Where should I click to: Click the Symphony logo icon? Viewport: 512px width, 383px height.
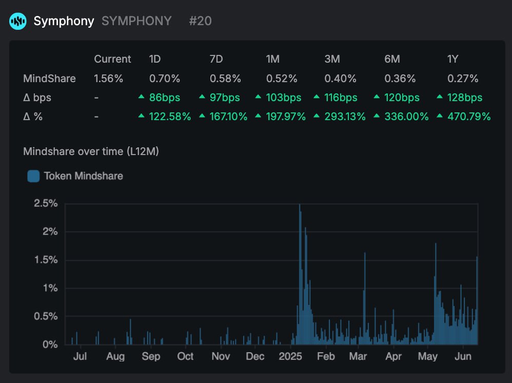(x=18, y=21)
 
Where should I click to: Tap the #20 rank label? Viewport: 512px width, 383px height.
(x=200, y=21)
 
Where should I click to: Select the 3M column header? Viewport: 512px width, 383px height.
(x=332, y=59)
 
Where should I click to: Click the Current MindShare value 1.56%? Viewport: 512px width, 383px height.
(x=109, y=79)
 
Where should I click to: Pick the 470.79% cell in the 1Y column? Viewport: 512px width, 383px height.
(x=468, y=117)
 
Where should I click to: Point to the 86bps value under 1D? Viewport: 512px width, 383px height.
(x=164, y=98)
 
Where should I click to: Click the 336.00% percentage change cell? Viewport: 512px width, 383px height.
(x=406, y=117)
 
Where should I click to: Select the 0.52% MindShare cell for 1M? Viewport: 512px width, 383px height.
(x=282, y=79)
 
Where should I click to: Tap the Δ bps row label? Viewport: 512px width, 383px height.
(x=37, y=98)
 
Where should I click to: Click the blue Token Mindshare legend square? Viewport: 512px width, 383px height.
(x=33, y=176)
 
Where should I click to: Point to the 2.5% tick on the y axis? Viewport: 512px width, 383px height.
(x=46, y=203)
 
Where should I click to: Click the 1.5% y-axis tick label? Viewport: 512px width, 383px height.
(x=46, y=260)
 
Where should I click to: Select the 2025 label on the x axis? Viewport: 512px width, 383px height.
(x=290, y=356)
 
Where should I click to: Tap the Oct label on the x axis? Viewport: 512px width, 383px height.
(x=185, y=356)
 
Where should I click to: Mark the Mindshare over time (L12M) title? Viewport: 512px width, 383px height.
(x=91, y=151)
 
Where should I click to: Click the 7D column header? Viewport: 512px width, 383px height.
(x=216, y=59)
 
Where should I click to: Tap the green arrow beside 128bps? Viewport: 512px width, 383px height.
(x=440, y=98)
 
